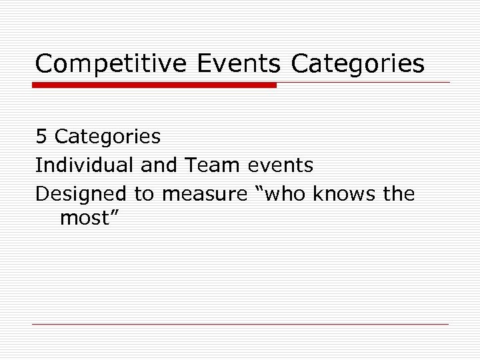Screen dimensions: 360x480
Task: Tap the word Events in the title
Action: (x=239, y=64)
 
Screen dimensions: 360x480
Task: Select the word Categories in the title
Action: (x=357, y=65)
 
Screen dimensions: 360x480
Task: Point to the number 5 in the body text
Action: (x=41, y=137)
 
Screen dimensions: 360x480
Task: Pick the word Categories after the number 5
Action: (x=107, y=137)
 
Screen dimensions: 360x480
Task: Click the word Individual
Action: (x=85, y=165)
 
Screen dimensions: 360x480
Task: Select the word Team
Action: (x=207, y=165)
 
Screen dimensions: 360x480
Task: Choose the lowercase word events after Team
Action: (x=280, y=165)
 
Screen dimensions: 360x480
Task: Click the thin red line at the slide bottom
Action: (x=240, y=324)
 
